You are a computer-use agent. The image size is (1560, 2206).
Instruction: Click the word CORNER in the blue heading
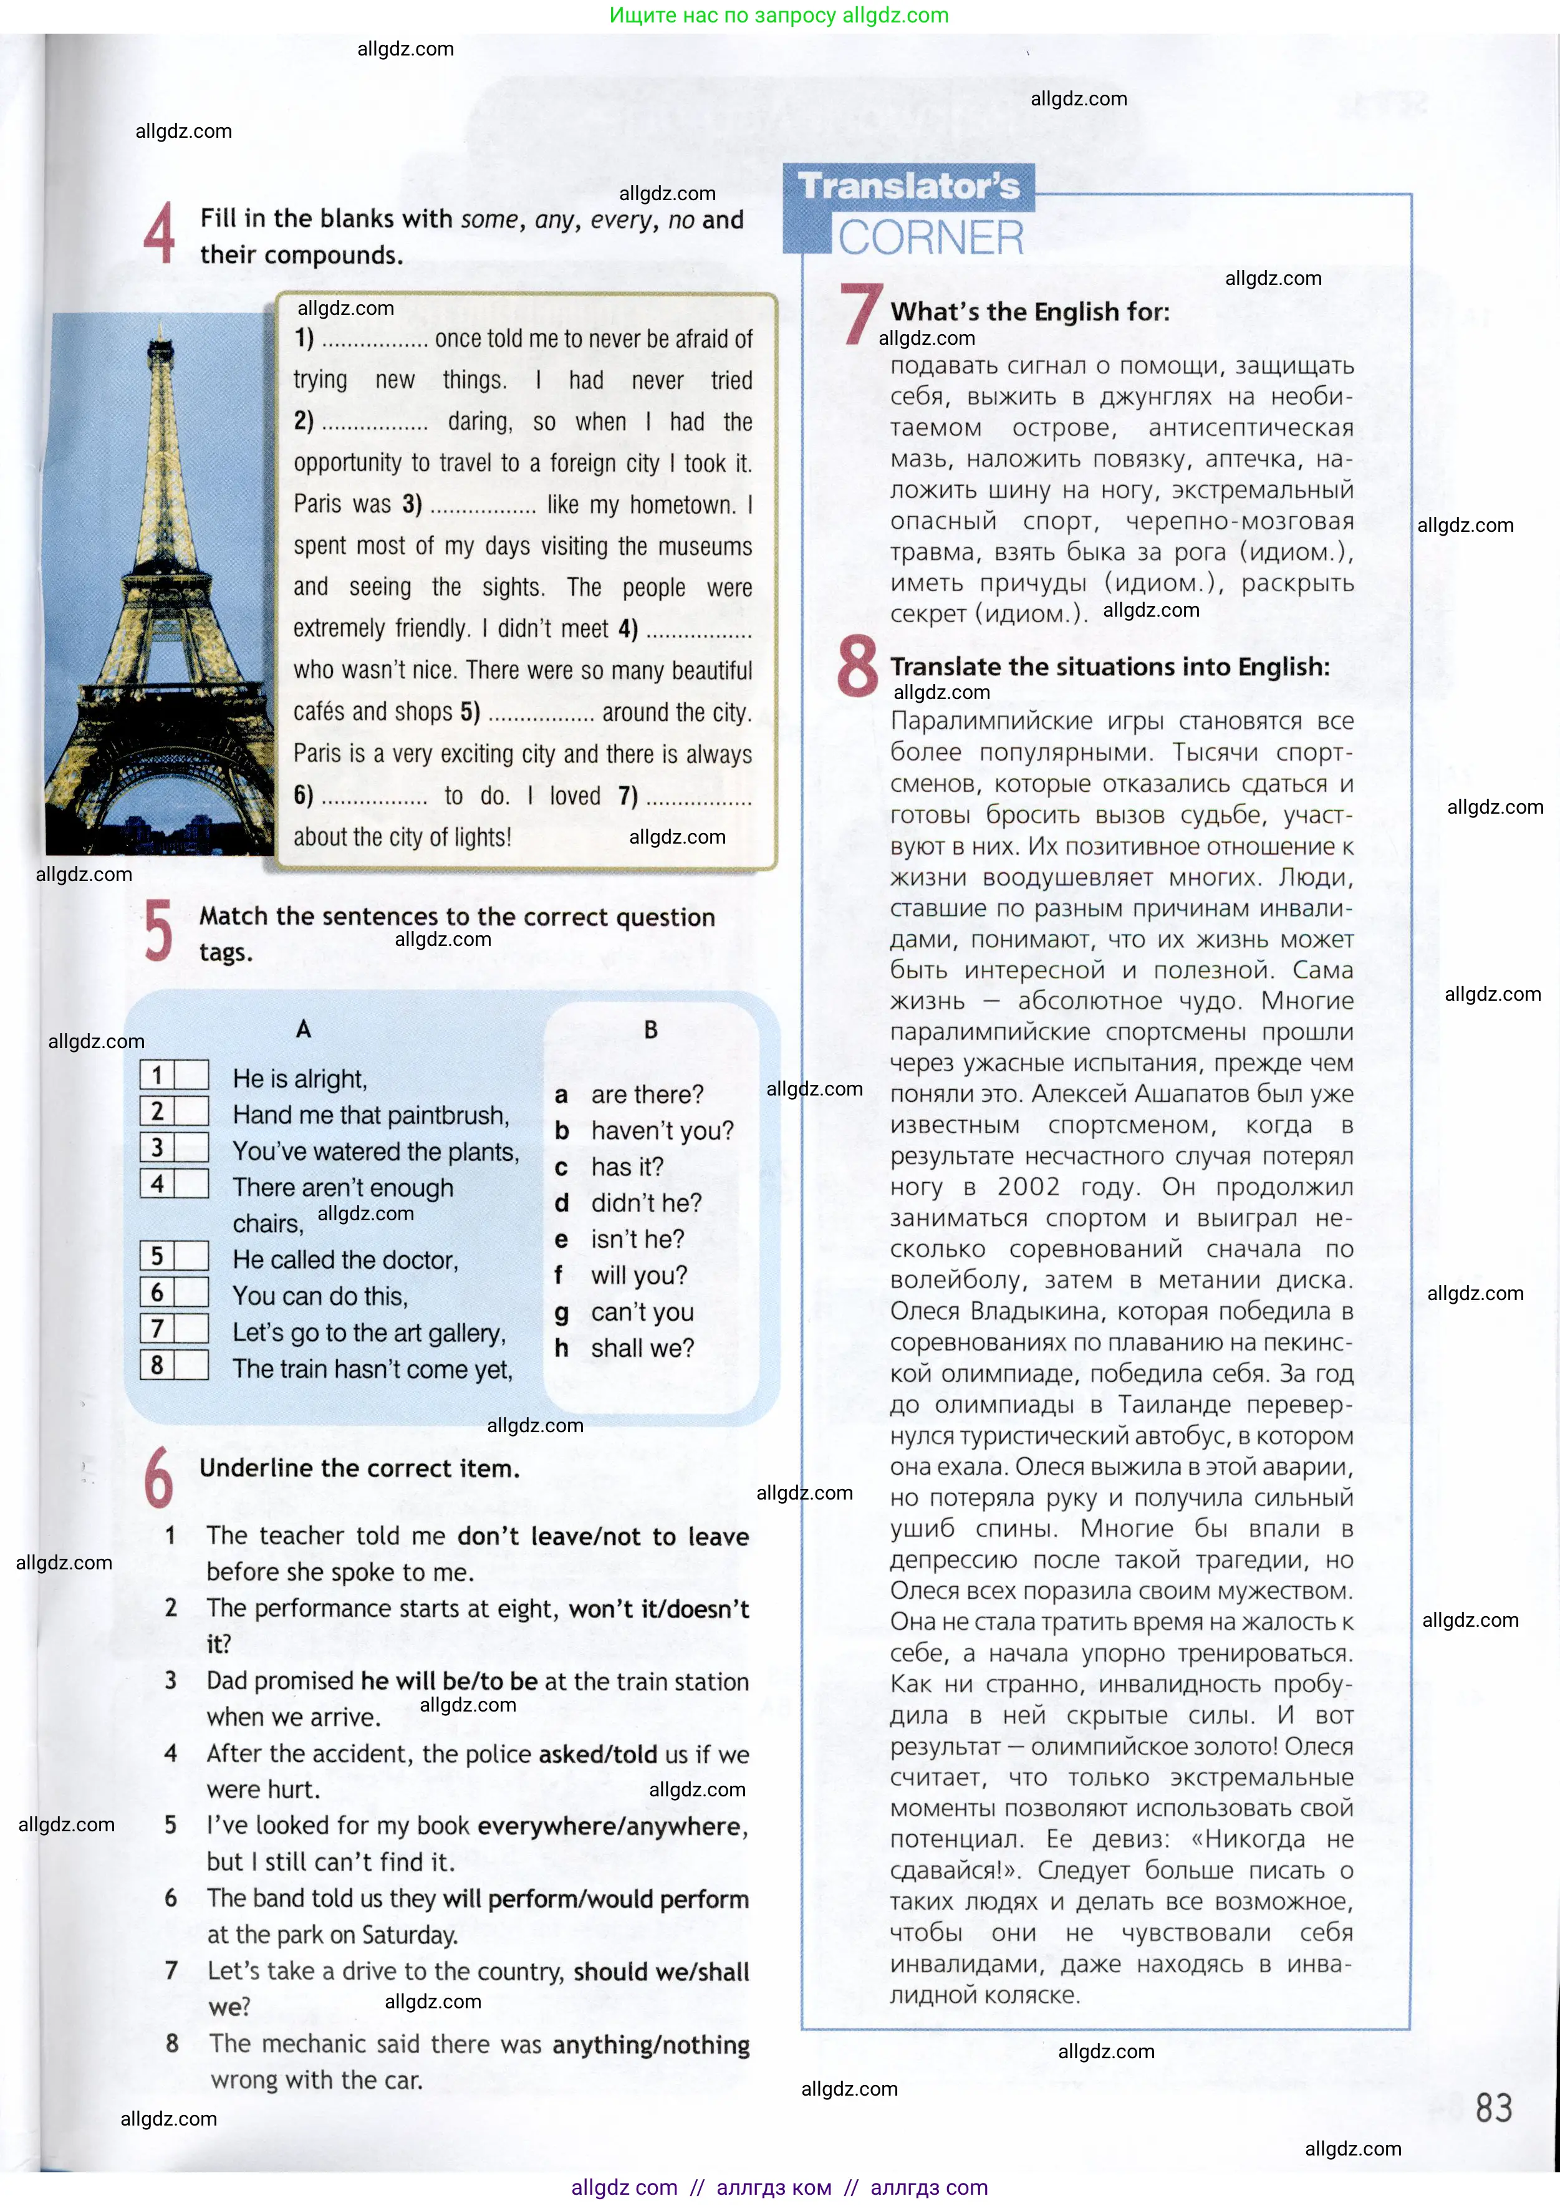930,238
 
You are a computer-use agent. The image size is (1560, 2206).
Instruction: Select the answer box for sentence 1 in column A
190,1074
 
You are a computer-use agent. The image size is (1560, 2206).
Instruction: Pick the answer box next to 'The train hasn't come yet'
190,1364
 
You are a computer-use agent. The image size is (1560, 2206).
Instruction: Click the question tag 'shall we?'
642,1348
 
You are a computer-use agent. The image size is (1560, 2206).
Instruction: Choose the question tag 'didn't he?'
645,1203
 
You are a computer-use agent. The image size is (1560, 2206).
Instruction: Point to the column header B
650,1030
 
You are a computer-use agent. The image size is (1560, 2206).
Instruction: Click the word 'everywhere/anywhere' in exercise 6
611,1826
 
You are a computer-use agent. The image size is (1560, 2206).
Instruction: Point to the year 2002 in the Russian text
1028,1188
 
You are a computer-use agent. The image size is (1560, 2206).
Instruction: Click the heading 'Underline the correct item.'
359,1468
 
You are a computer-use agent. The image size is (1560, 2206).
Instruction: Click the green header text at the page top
778,16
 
